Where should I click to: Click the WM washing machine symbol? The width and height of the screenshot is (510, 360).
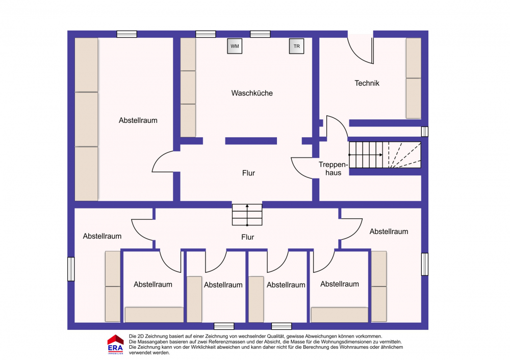click(235, 46)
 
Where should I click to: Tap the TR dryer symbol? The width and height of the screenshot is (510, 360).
click(297, 46)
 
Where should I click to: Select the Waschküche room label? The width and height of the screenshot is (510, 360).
click(252, 93)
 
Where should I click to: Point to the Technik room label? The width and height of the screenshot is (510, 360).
click(367, 83)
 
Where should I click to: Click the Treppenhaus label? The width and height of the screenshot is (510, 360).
click(334, 168)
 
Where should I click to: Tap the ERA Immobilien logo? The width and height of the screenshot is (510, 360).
click(115, 344)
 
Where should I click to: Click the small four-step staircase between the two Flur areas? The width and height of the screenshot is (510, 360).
click(247, 215)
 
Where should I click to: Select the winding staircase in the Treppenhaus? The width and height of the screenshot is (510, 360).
click(385, 155)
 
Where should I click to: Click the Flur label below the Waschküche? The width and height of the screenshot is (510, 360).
click(248, 173)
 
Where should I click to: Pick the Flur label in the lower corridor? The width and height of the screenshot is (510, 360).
click(247, 237)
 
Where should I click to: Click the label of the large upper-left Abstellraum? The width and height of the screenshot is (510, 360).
click(138, 121)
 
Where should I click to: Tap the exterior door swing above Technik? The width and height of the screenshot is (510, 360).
click(361, 49)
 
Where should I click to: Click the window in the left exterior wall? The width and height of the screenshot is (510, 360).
click(71, 269)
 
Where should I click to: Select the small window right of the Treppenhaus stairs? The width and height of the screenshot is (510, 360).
click(425, 132)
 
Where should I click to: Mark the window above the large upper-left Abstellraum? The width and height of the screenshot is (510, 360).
click(127, 34)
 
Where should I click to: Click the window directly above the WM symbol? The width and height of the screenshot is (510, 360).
click(206, 34)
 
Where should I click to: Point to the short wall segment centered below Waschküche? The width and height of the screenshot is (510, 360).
click(251, 141)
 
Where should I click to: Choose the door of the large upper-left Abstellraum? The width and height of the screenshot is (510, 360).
click(163, 161)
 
